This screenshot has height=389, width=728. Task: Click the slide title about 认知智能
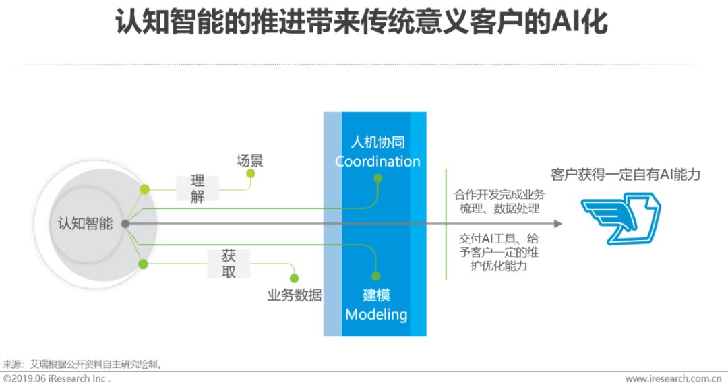coord(363,23)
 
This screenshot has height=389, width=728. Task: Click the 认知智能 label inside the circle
coord(85,224)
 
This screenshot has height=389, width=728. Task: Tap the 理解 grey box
coord(198,189)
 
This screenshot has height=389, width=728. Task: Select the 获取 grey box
coord(229,264)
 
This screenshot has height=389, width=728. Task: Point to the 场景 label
coord(249,160)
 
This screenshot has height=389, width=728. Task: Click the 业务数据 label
coord(295,295)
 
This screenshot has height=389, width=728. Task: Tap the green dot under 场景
coord(251,173)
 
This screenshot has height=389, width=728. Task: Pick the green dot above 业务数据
coord(293,278)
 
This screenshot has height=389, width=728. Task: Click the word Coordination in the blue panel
coord(377,162)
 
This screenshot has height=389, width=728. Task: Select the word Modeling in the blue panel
coord(376,314)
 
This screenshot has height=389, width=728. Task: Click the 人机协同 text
coord(377,142)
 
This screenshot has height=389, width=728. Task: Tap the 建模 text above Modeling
coord(376,295)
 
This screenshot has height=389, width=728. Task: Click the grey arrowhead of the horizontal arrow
coord(557,224)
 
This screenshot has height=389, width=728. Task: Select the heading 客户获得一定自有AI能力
coord(625,175)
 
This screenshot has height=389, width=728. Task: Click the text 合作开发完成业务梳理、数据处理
coord(499,202)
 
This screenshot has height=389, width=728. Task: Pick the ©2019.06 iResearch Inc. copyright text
coord(57,379)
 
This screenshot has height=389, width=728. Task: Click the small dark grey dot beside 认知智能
coord(125,224)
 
